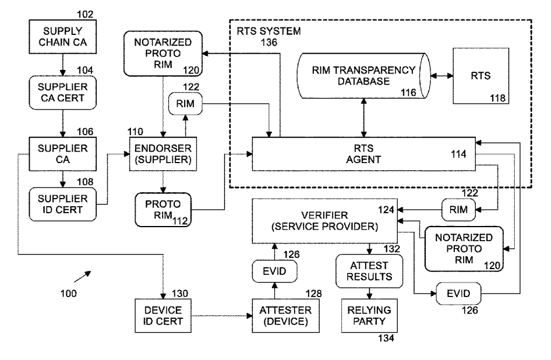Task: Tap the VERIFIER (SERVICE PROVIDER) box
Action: click(324, 217)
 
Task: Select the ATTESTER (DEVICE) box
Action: click(285, 315)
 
